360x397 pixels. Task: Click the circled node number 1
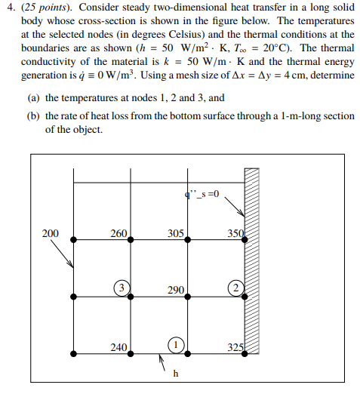tap(175, 343)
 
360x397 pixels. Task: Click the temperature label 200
tap(50, 234)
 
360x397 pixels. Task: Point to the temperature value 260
tap(118, 234)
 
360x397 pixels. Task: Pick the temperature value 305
tap(175, 234)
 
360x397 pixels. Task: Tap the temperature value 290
tap(177, 291)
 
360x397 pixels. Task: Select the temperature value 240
tap(118, 348)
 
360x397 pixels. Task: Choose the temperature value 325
tap(236, 348)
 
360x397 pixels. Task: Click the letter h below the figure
tap(176, 374)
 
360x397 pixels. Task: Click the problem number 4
tap(5, 7)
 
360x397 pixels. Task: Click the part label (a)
tap(33, 98)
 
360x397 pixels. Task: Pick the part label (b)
tap(33, 116)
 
